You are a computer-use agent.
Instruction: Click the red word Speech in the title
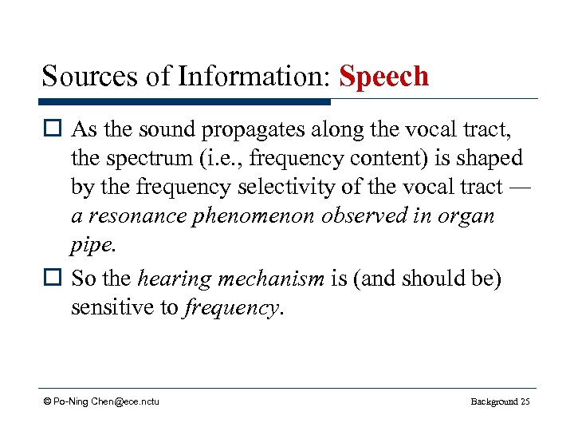[x=383, y=77]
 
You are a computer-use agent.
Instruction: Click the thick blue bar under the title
[x=184, y=102]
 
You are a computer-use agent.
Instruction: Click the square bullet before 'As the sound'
[x=53, y=130]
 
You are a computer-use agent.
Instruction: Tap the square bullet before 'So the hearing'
[x=53, y=279]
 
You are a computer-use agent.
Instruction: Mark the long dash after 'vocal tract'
[x=518, y=187]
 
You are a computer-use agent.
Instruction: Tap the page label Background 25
[x=500, y=401]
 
